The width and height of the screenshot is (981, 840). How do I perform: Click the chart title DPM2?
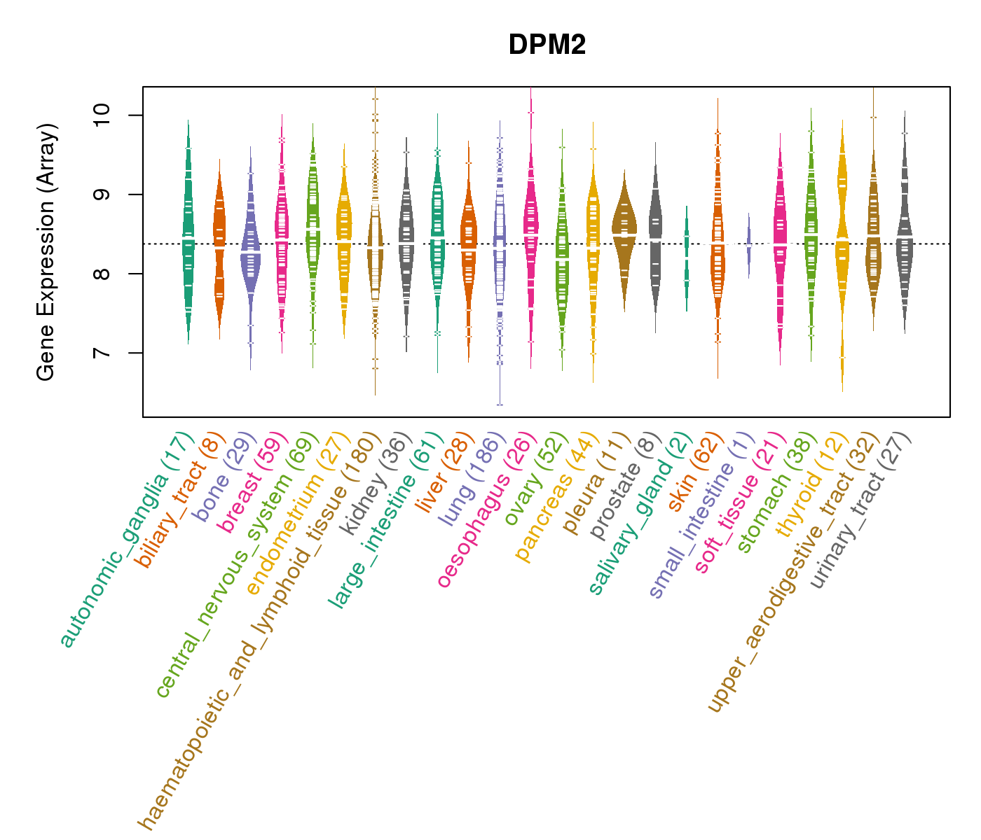(547, 45)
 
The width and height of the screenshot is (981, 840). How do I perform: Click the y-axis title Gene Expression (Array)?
(46, 252)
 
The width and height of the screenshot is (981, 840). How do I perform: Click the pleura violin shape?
(624, 224)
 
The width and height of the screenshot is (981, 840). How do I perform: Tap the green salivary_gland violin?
(687, 252)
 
